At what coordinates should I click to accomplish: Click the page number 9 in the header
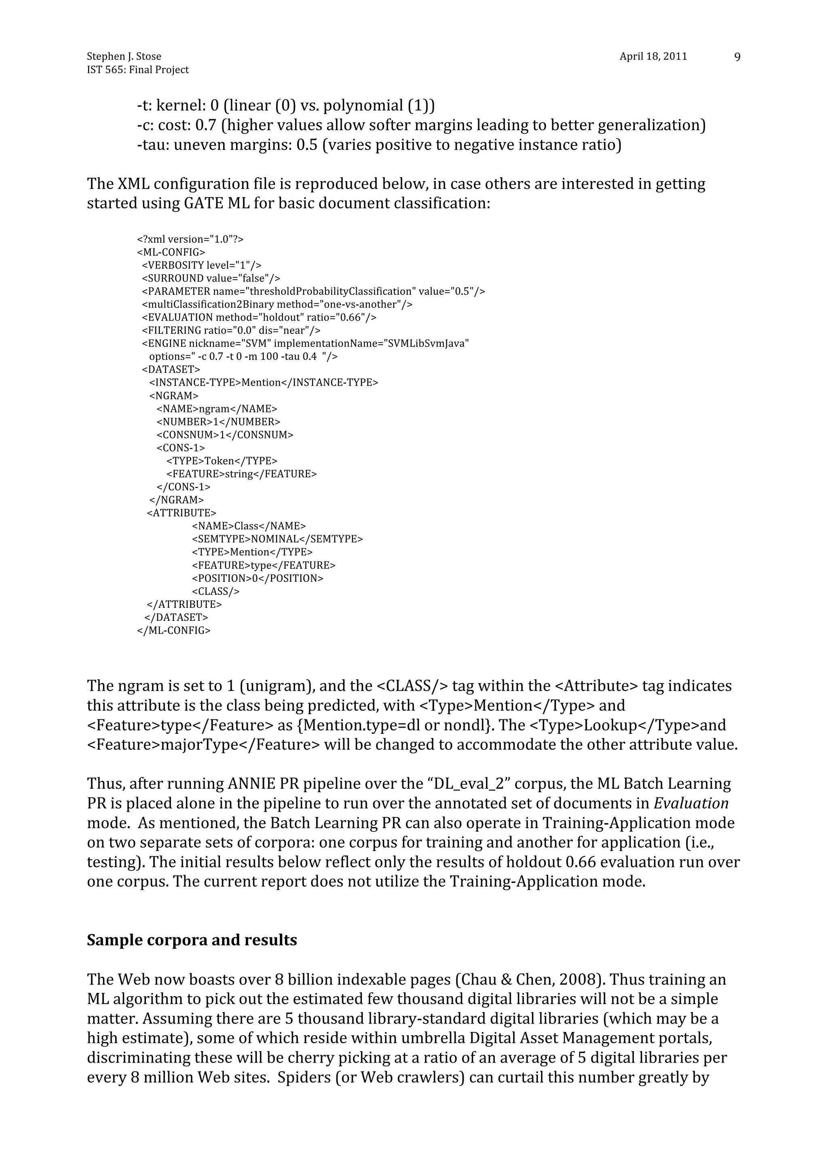point(737,57)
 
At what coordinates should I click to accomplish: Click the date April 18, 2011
point(653,57)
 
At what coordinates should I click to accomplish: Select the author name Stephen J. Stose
point(124,57)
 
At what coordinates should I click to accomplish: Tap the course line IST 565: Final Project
point(138,70)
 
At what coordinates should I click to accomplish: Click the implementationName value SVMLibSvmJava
point(427,343)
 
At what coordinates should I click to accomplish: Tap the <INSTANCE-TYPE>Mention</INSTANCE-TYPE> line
point(263,382)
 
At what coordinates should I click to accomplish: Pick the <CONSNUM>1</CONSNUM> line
point(224,435)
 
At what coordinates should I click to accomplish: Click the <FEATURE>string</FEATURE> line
point(241,474)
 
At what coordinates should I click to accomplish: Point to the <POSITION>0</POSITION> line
point(258,578)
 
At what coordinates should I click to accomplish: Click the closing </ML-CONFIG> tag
point(173,631)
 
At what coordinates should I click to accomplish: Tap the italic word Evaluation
point(691,803)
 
